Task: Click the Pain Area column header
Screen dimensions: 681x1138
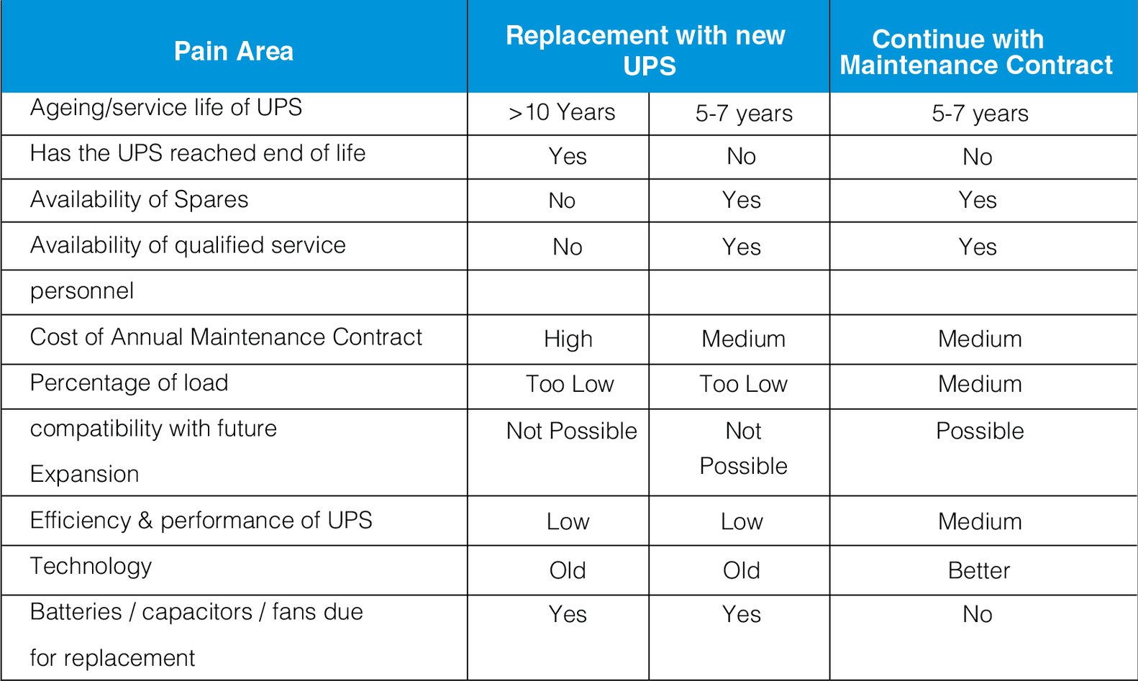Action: [x=234, y=52]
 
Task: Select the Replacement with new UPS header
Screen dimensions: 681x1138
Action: [x=647, y=50]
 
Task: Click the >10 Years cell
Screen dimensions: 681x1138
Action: [x=562, y=113]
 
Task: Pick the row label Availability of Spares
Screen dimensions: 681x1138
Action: [x=139, y=199]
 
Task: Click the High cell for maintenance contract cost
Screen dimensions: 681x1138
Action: [x=568, y=339]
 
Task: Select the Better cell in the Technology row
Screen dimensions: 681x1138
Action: [x=978, y=570]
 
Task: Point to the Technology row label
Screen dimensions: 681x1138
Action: [x=91, y=566]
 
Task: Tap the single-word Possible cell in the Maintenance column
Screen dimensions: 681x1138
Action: [x=979, y=431]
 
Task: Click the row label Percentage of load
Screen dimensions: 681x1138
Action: [x=129, y=383]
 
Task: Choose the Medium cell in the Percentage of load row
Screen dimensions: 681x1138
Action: [x=979, y=384]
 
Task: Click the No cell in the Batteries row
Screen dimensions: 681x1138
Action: [x=977, y=614]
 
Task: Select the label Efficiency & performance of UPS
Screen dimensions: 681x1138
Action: [x=201, y=520]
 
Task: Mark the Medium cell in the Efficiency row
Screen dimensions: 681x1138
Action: [x=979, y=521]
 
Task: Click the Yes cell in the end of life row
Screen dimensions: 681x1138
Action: [x=567, y=156]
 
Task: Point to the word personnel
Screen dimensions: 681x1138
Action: [x=82, y=291]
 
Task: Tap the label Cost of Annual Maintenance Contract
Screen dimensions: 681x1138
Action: [x=226, y=337]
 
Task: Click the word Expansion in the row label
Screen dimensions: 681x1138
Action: [x=84, y=475]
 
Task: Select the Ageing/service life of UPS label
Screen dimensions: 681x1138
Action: [x=165, y=108]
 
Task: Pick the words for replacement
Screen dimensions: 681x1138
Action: [x=112, y=658]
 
